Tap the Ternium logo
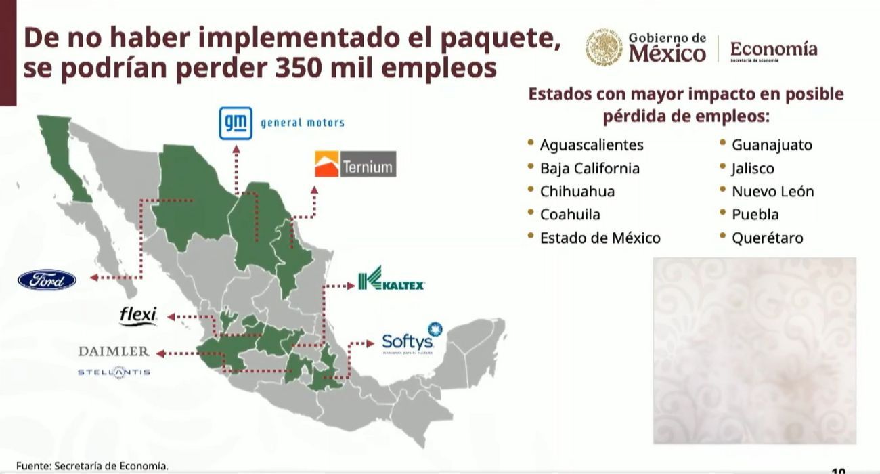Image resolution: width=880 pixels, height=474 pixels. pos(355,165)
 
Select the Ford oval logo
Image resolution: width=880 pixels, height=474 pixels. pos(47,280)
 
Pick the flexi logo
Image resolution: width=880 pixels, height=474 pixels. pos(138,316)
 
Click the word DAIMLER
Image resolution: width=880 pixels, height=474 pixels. pos(114,351)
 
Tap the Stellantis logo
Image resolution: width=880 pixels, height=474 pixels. pos(114,372)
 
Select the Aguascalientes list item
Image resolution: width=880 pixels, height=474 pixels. pos(591,145)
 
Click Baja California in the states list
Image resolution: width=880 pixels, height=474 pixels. pos(589,168)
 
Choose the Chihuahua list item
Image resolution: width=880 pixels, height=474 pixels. pos(577,191)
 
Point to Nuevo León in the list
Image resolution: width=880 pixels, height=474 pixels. pos(772,191)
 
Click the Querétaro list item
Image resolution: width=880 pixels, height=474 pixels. pos(767,238)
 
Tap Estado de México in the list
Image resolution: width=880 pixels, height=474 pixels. pos(600,238)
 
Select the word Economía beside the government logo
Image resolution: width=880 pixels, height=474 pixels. pos(773,49)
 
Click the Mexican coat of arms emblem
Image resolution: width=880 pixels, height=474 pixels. pos(604,47)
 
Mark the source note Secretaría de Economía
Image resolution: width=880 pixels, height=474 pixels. pos(91,466)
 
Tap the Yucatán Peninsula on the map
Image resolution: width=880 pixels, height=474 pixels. pos(474,345)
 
